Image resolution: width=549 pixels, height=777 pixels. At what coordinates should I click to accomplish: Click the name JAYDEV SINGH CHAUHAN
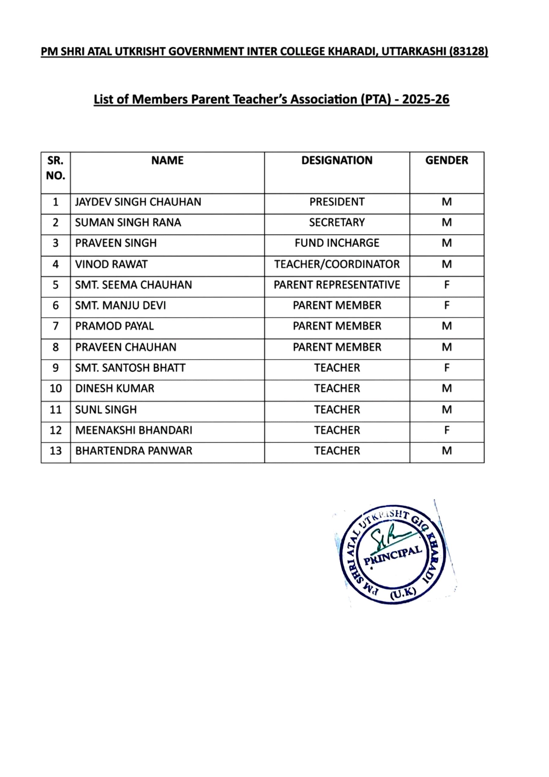138,202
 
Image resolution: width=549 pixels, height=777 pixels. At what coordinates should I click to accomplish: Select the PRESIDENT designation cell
337,202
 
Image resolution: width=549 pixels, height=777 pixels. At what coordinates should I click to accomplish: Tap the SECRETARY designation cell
337,223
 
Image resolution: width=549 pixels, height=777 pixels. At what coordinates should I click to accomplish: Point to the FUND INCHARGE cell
337,243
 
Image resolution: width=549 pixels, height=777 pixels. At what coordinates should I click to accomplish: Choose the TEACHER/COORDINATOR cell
337,264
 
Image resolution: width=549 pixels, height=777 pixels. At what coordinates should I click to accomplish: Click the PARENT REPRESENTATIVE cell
337,285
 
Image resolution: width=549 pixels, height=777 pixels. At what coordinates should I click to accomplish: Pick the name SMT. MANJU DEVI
121,306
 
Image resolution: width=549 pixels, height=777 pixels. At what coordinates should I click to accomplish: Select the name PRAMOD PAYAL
114,326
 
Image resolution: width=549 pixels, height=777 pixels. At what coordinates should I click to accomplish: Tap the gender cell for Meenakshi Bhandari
446,430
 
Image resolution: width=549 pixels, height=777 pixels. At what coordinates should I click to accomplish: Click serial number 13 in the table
56,451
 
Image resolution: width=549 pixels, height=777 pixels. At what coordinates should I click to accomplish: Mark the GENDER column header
446,161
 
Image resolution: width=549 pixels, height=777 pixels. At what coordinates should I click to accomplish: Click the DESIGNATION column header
337,161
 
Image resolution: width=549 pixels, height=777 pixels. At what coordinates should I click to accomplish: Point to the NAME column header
167,161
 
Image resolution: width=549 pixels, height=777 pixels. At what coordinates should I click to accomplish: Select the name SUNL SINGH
106,410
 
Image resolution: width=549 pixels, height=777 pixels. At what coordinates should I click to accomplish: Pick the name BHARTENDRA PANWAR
134,451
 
